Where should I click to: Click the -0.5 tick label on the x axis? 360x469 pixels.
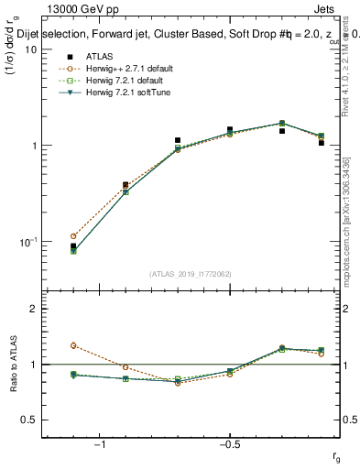(228, 444)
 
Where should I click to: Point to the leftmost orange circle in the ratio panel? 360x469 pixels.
(73, 345)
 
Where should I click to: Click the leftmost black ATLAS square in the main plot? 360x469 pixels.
(73, 246)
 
